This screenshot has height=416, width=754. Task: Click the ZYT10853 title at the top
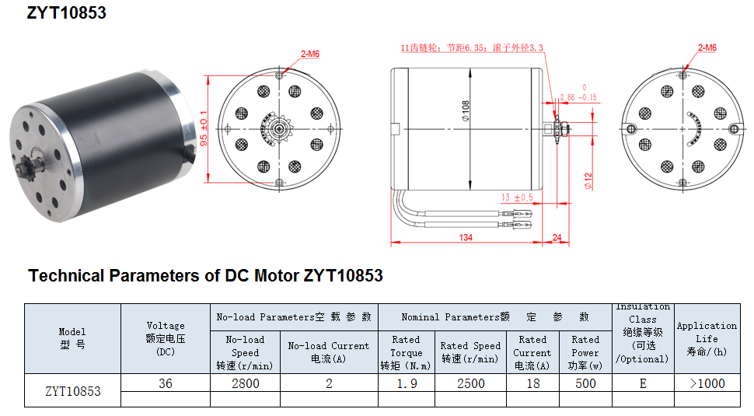coord(66,12)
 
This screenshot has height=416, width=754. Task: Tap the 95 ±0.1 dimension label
coord(204,128)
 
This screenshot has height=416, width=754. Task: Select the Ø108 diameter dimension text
coord(465,110)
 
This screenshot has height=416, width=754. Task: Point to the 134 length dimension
coord(466,237)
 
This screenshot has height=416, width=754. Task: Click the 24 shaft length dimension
coord(557,237)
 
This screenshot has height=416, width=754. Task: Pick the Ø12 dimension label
coord(588,181)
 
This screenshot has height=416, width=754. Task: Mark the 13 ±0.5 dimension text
coord(517,198)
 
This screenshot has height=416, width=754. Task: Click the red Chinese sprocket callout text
coord(472,47)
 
